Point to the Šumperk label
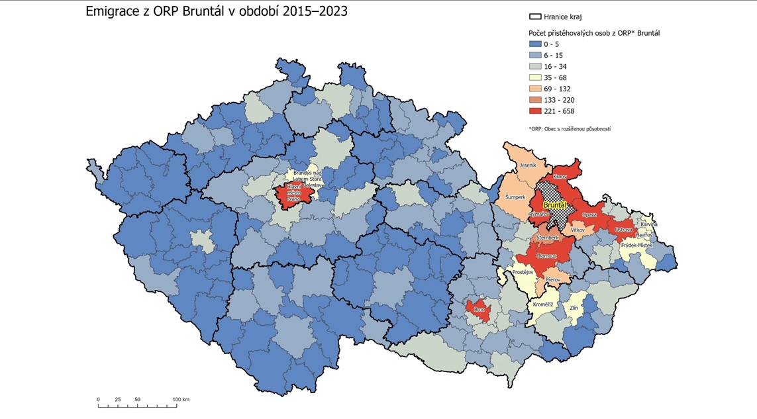click(515, 197)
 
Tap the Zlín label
click(575, 308)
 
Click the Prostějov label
click(523, 272)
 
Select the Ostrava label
click(623, 229)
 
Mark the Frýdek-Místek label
click(636, 245)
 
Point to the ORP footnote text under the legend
click(570, 128)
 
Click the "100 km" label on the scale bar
click(181, 399)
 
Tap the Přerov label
click(552, 280)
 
